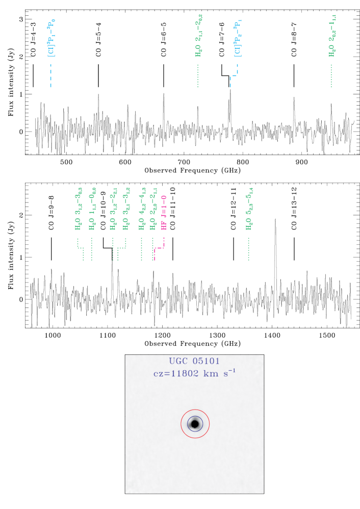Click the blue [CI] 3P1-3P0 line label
point(51,38)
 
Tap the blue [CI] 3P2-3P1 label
point(237,39)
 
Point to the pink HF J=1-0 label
point(164,212)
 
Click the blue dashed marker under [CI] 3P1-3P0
point(51,76)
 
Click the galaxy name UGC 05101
point(194,362)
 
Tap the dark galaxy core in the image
point(195,424)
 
